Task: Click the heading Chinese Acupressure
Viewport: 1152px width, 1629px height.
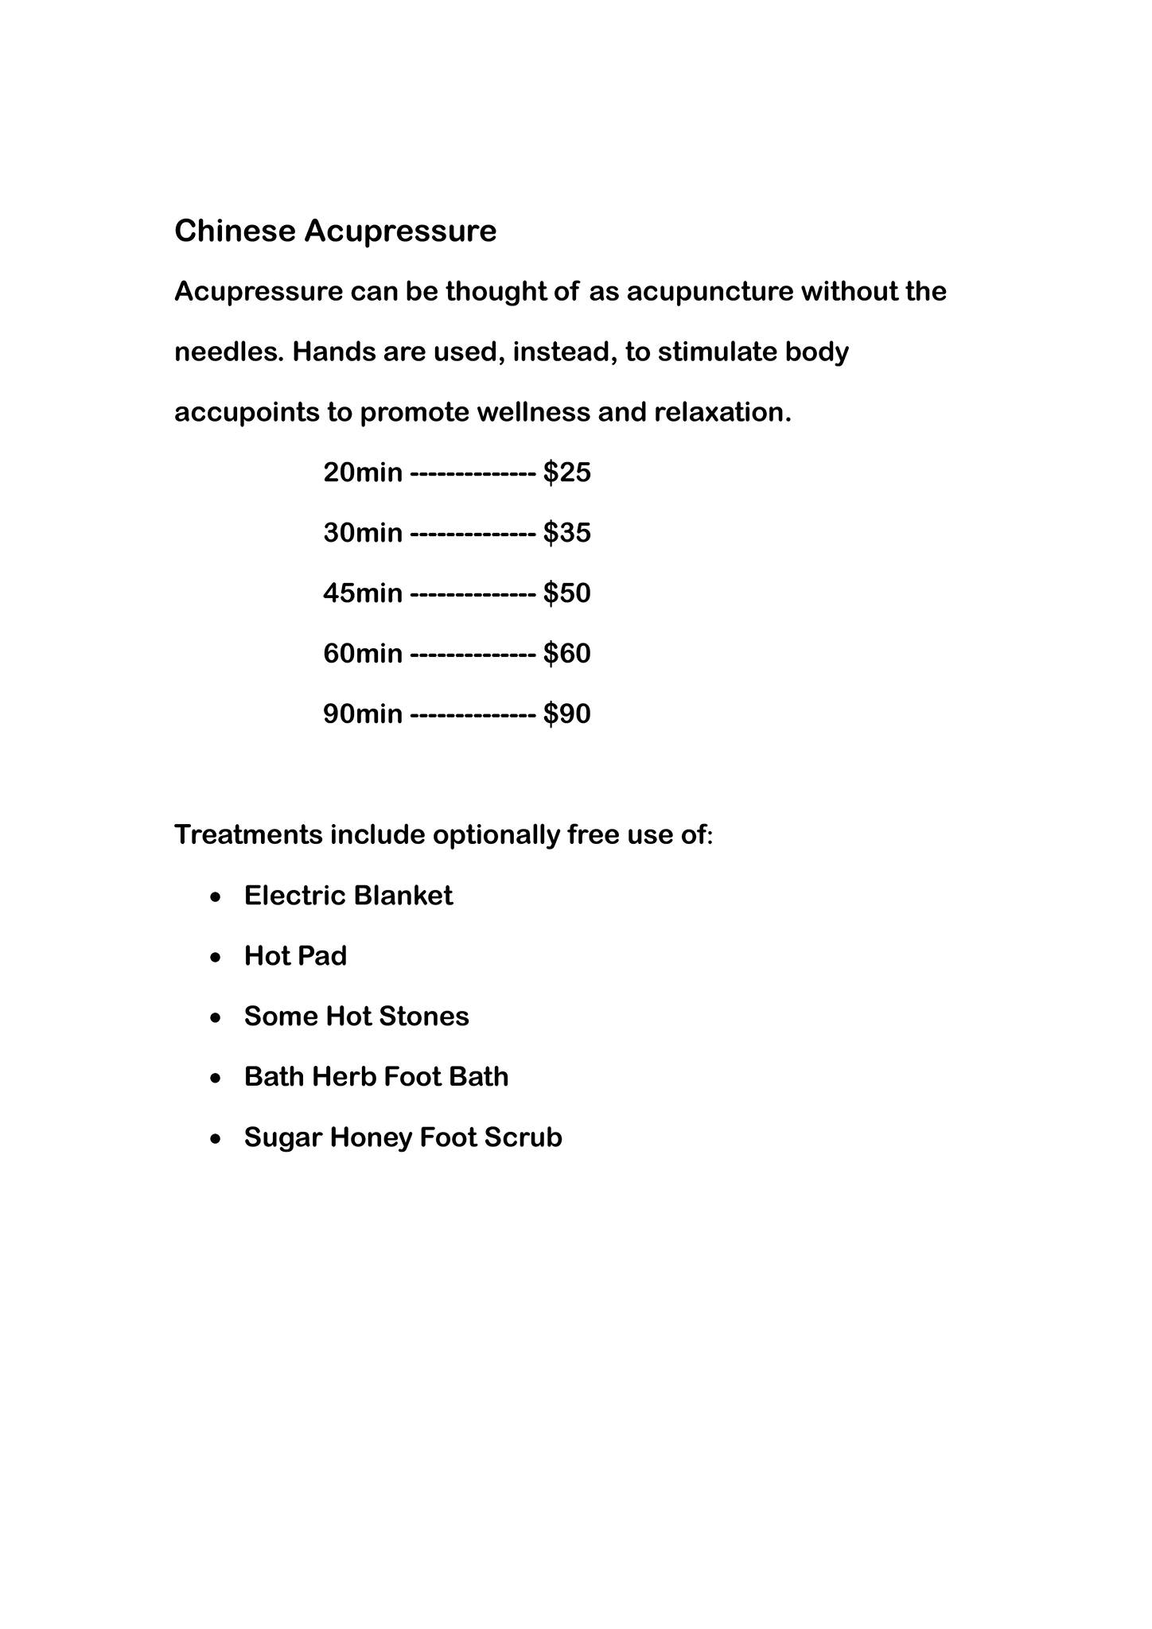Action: pos(335,231)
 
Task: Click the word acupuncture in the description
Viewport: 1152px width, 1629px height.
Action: pos(710,292)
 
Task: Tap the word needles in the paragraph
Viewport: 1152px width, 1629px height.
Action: pos(228,352)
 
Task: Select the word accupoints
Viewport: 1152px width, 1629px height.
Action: pos(247,412)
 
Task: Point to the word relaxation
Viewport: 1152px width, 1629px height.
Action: pos(722,412)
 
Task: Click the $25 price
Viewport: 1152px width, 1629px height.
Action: pos(567,472)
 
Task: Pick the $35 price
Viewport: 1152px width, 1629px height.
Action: pos(567,533)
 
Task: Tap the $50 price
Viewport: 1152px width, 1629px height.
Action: pos(567,593)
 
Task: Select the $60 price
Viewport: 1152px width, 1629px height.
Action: pos(567,654)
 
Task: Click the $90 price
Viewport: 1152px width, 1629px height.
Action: pos(567,714)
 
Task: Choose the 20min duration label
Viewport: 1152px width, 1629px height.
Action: pos(363,472)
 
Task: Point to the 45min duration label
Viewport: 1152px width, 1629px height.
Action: pos(363,593)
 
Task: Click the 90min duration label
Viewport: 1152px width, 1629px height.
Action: pos(363,714)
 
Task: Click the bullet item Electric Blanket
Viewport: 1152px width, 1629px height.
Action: pos(348,896)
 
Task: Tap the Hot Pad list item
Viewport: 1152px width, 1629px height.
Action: pos(295,956)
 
